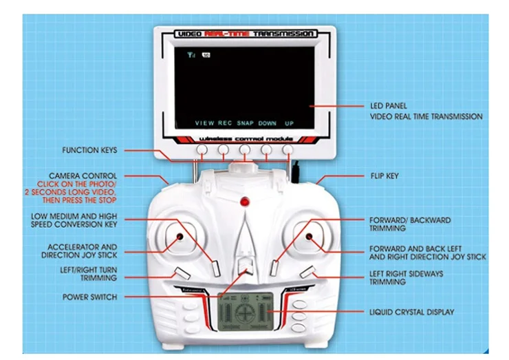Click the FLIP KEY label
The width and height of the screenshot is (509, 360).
pyautogui.click(x=383, y=176)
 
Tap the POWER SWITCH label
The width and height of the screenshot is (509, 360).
pyautogui.click(x=89, y=297)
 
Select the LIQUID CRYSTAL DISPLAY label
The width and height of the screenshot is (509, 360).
pyautogui.click(x=411, y=313)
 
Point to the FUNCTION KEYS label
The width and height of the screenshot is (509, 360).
pyautogui.click(x=89, y=149)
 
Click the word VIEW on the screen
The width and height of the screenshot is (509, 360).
pyautogui.click(x=204, y=123)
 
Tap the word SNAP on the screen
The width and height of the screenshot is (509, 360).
pyautogui.click(x=246, y=123)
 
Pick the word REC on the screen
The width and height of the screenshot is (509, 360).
pyautogui.click(x=225, y=123)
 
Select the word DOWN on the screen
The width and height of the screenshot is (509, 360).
pyautogui.click(x=268, y=123)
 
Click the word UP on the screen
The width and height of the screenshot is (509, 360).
pyautogui.click(x=289, y=123)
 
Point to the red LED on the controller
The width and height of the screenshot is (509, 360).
pyautogui.click(x=243, y=202)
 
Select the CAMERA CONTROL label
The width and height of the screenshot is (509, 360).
pyautogui.click(x=83, y=176)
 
